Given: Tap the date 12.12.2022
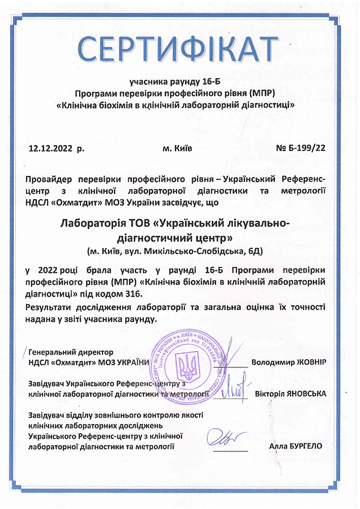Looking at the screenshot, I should point(50,148).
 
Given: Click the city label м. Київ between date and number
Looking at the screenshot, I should point(178,148).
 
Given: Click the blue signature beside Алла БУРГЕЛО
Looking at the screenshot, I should point(227,438).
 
